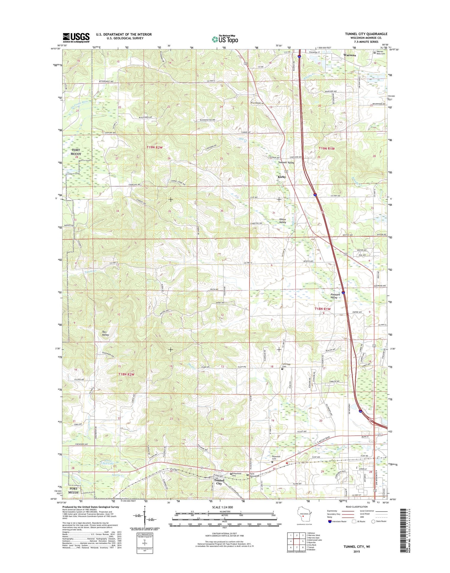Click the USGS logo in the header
point(76,37)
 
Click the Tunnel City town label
point(218,482)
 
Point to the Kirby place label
point(282,177)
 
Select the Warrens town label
point(349,55)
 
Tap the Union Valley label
point(283,221)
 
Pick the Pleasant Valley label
point(335,296)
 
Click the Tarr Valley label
point(105,333)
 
